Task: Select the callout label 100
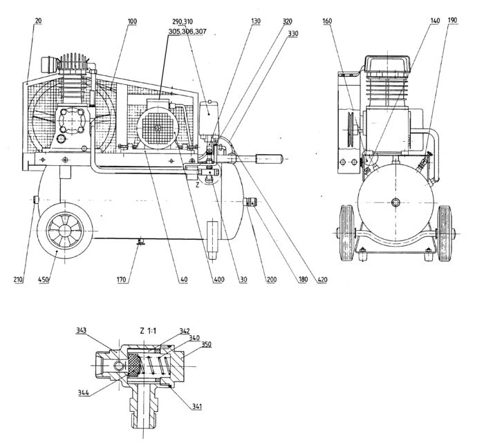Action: [131, 21]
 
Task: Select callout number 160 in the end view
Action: [328, 21]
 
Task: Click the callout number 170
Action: [122, 281]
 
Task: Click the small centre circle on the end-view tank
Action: [395, 202]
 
